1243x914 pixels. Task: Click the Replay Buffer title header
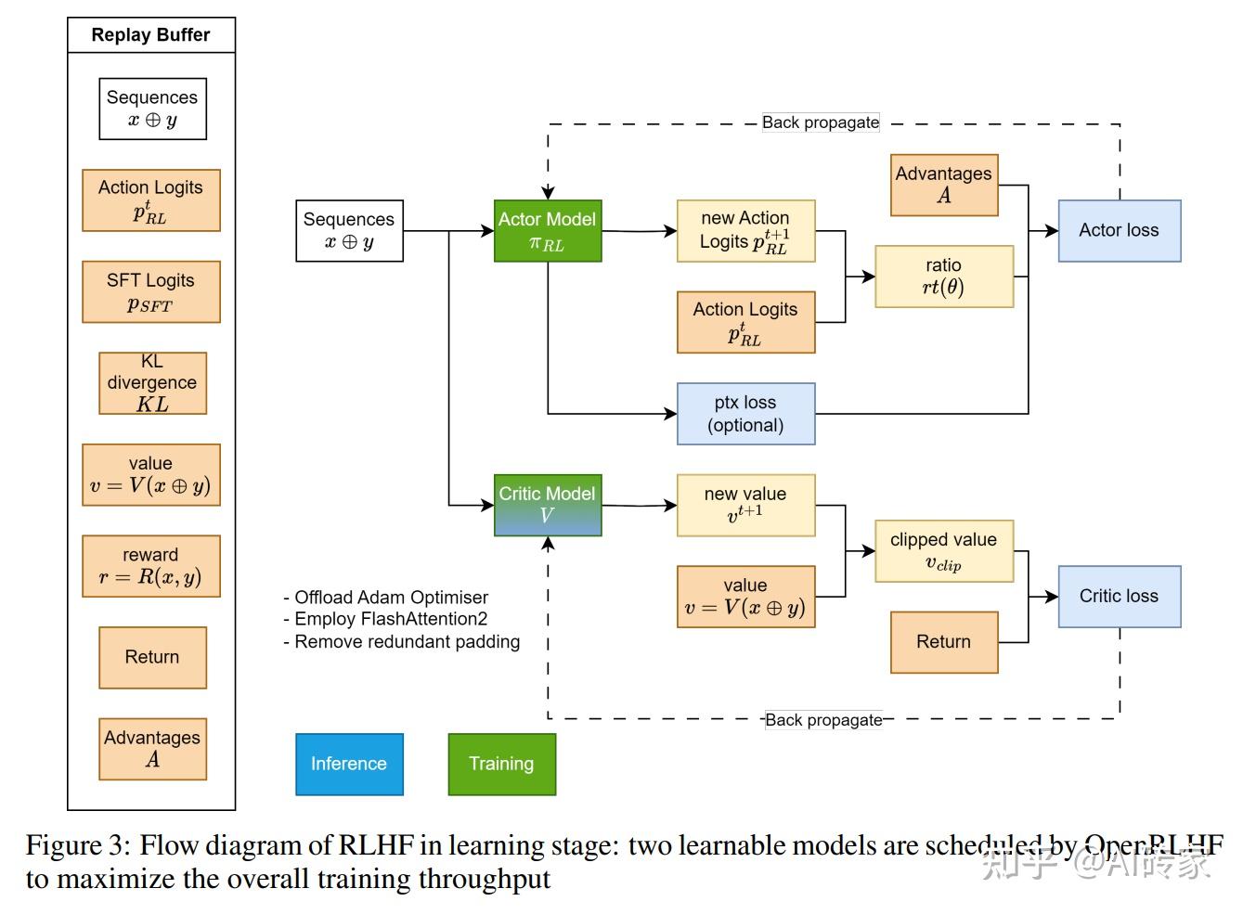click(151, 35)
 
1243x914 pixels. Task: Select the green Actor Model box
click(547, 231)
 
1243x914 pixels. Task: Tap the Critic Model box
click(547, 505)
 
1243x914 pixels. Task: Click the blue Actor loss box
click(1119, 231)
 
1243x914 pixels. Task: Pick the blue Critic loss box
click(1119, 597)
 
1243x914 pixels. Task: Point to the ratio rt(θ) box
click(943, 277)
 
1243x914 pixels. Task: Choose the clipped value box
click(943, 551)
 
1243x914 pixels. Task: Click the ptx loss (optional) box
click(745, 414)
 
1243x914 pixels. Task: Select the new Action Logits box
click(745, 231)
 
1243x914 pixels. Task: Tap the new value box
click(745, 505)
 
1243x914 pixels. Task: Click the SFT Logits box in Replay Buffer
click(150, 291)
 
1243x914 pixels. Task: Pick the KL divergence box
click(152, 382)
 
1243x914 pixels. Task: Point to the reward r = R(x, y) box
click(150, 566)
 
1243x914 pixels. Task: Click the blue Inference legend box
click(349, 764)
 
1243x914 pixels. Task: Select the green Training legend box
click(501, 764)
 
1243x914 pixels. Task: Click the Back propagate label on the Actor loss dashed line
click(820, 122)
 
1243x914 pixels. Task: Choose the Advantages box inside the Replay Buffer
click(152, 749)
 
